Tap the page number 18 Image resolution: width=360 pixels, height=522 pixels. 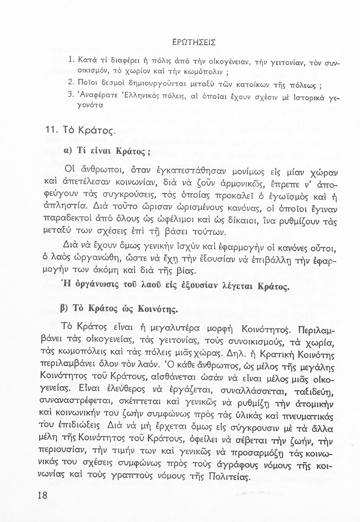pos(41,495)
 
